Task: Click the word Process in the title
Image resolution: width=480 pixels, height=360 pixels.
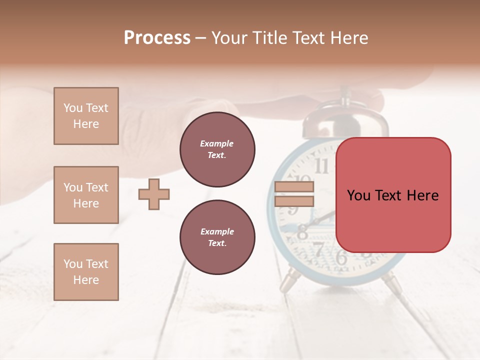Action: (x=157, y=37)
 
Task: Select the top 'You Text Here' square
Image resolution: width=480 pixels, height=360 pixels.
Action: (x=86, y=116)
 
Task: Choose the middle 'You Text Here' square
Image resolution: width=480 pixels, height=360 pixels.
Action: (x=86, y=195)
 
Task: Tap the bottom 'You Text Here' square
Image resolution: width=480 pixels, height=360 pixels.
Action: (x=86, y=271)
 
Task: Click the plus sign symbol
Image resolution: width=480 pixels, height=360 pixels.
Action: (x=154, y=194)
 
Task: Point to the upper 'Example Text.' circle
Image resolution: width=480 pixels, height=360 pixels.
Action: (x=217, y=149)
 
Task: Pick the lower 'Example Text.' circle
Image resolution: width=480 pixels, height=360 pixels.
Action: (x=217, y=237)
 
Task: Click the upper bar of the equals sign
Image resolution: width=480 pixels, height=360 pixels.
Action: (x=294, y=187)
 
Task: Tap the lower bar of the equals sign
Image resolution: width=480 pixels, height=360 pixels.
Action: (x=294, y=201)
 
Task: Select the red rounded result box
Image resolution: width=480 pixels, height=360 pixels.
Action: (x=393, y=195)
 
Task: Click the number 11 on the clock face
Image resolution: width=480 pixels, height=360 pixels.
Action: (x=322, y=166)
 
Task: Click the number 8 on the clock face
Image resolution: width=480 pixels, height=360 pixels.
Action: (x=303, y=232)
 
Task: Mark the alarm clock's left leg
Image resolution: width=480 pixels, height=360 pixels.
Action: (x=289, y=283)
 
